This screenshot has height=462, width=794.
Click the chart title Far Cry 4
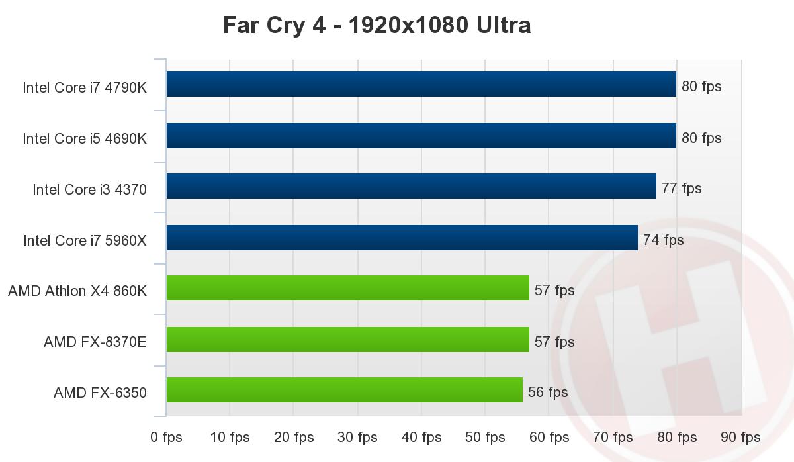click(376, 25)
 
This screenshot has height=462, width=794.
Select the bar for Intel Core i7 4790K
click(421, 84)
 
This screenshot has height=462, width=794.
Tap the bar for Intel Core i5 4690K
click(421, 136)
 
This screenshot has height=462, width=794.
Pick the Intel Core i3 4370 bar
click(411, 186)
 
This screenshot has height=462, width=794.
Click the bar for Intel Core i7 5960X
click(402, 238)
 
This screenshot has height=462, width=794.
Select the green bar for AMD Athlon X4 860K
click(347, 288)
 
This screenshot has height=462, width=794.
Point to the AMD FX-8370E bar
click(347, 340)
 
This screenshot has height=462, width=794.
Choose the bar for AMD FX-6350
click(344, 390)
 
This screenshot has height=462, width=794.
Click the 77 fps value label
click(682, 189)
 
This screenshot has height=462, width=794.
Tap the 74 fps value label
click(663, 240)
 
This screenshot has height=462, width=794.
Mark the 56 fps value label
click(548, 393)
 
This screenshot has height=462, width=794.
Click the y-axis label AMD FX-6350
click(100, 393)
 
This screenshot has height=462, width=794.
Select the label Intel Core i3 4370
click(89, 190)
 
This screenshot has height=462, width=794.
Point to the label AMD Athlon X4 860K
click(77, 291)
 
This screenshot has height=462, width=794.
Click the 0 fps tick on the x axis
click(166, 438)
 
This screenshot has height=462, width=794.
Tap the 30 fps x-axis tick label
click(358, 438)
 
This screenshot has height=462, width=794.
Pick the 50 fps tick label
click(486, 438)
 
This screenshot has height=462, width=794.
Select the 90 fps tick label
click(740, 438)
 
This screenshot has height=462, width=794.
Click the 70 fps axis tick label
click(613, 438)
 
